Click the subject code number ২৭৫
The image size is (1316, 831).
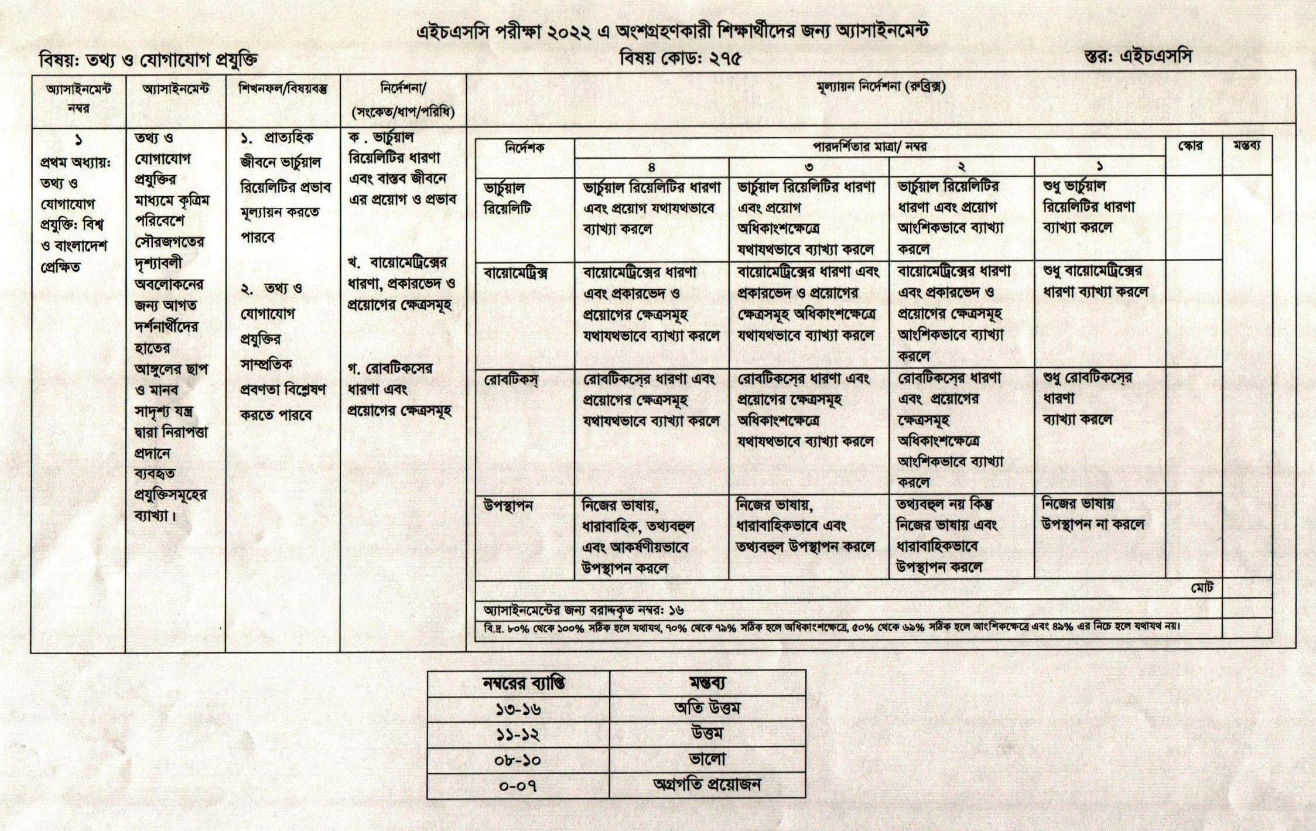click(721, 59)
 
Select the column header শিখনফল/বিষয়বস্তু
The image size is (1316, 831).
click(283, 90)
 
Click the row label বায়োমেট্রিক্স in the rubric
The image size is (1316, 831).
click(515, 273)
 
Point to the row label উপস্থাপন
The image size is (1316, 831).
click(508, 506)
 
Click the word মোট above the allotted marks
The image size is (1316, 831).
click(1202, 588)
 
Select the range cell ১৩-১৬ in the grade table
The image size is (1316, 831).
click(518, 710)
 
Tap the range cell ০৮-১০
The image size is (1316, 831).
click(518, 760)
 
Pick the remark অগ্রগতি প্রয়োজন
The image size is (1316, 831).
click(707, 785)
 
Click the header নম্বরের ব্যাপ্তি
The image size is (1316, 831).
click(518, 683)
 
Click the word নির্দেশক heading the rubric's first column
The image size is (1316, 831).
click(524, 148)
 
